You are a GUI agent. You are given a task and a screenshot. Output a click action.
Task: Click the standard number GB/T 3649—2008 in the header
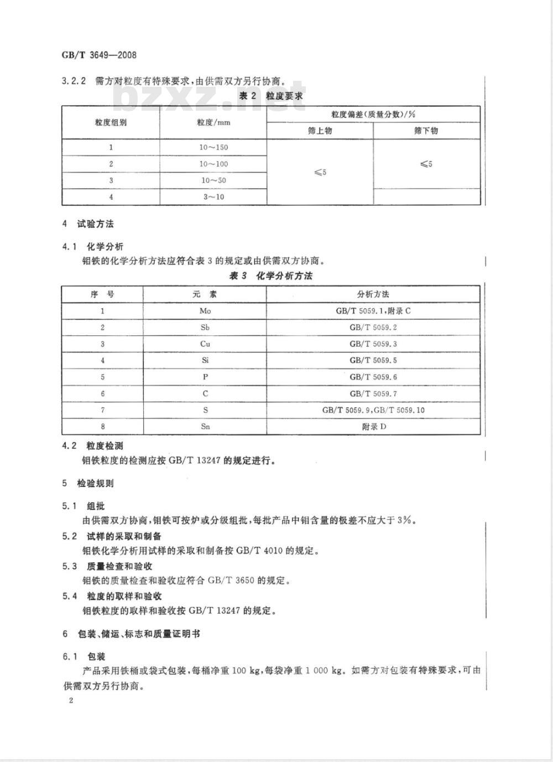pos(99,55)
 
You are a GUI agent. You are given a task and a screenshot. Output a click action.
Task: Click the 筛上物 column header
pos(320,131)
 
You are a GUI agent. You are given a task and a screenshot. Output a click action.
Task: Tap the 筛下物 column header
pos(426,131)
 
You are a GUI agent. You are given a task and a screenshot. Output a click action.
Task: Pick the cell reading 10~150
pos(213,147)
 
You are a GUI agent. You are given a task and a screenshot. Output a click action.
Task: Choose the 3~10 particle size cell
pos(213,196)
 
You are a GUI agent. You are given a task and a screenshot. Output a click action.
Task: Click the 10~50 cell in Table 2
pos(213,180)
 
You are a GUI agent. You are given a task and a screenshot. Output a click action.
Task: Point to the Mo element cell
pos(205,311)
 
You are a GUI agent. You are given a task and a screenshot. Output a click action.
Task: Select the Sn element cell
pos(205,427)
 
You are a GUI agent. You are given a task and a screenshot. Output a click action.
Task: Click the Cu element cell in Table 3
pos(205,344)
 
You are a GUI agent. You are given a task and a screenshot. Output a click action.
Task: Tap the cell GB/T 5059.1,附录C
pos(373,311)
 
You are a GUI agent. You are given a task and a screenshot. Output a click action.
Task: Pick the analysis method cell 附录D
pos(374,427)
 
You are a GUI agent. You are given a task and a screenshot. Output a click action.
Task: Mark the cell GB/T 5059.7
pos(373,393)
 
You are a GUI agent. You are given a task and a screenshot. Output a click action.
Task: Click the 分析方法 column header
pos(373,294)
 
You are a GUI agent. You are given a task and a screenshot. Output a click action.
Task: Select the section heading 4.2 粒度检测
pos(93,445)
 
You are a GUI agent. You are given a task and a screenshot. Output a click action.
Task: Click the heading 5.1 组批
pos(84,506)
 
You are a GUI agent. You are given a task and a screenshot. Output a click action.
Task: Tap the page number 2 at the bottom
pos(71,701)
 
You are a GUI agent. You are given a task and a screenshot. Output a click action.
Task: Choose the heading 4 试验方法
pos(88,224)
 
